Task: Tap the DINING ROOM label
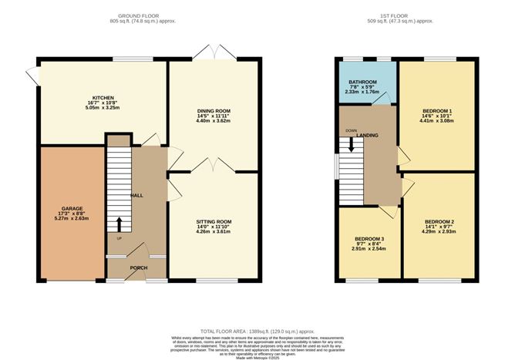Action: pyautogui.click(x=214, y=110)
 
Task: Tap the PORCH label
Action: pyautogui.click(x=139, y=267)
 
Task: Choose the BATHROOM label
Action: pyautogui.click(x=362, y=81)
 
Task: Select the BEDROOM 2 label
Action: pyautogui.click(x=436, y=222)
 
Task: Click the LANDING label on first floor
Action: pyautogui.click(x=367, y=135)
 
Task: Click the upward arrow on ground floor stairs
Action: pyautogui.click(x=119, y=224)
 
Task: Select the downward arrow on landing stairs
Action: pyautogui.click(x=352, y=143)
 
